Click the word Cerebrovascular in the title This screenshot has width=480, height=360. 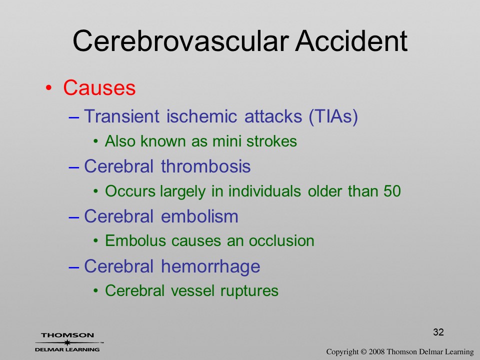click(181, 41)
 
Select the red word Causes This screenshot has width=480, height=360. click(99, 88)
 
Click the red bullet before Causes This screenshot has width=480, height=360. click(48, 88)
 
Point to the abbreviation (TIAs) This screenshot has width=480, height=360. click(333, 116)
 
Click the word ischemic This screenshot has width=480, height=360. click(201, 116)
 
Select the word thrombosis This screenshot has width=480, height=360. click(205, 166)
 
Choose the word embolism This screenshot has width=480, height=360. click(199, 216)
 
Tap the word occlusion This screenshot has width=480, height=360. click(281, 241)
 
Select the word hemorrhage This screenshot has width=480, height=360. click(210, 266)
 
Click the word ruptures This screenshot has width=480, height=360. click(249, 291)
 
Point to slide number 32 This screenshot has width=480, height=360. click(438, 332)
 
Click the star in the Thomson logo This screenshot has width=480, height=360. click(67, 342)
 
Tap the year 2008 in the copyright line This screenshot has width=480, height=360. click(376, 352)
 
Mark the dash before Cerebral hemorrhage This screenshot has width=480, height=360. click(74, 267)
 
